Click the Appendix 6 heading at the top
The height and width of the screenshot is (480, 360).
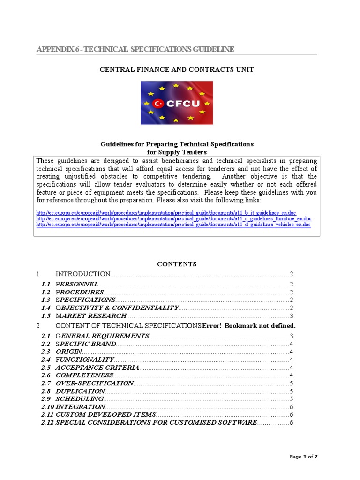(x=135, y=49)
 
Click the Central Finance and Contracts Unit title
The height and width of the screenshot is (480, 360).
(x=177, y=69)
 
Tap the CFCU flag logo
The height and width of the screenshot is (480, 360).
(x=177, y=103)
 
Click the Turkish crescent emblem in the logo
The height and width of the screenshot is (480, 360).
(x=158, y=103)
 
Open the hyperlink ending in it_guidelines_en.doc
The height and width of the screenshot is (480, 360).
(x=166, y=213)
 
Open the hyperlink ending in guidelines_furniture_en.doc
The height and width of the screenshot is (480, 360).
(x=174, y=219)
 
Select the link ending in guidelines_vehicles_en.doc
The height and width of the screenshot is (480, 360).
(x=173, y=225)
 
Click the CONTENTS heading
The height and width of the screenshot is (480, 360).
(x=177, y=264)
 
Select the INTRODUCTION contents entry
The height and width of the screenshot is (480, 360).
(x=83, y=274)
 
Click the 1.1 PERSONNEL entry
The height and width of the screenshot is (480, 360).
(x=77, y=284)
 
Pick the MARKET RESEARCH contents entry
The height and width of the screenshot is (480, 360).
(x=91, y=316)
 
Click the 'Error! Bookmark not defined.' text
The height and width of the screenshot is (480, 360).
(x=249, y=326)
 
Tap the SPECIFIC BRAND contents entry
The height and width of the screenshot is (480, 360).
(x=86, y=344)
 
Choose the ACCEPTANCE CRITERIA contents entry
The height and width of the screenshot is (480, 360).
(x=97, y=367)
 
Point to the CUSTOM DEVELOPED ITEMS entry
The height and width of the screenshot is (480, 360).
(x=105, y=415)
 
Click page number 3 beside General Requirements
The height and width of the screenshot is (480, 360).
(x=291, y=336)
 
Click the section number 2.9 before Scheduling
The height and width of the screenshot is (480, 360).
(x=45, y=399)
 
